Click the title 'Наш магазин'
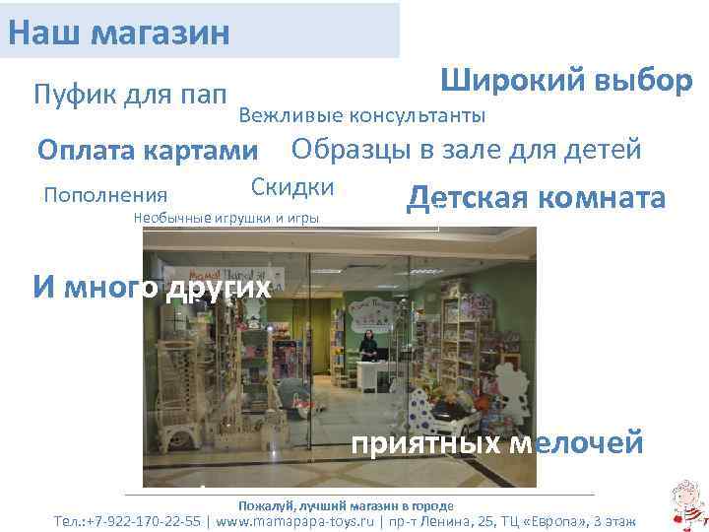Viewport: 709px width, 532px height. coord(118,30)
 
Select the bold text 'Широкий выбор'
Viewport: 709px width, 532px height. coord(566,81)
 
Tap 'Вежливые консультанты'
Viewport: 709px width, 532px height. coord(361,116)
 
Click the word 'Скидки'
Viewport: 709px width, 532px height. coord(292,187)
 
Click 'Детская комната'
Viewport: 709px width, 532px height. coord(537,198)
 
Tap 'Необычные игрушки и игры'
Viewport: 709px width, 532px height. coord(226,218)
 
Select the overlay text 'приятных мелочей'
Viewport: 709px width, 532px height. coord(497,443)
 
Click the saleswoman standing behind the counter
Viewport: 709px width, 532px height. coord(367,345)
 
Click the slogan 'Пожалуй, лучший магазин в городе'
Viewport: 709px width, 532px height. coord(339,502)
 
